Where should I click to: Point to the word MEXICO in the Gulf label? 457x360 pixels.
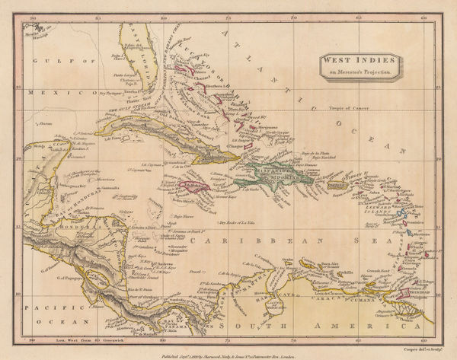53,92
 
